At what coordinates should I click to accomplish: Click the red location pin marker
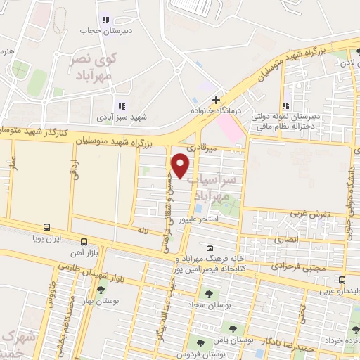pos(181,166)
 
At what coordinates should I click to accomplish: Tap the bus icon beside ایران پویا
pos(46,227)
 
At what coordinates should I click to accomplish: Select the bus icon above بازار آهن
pos(82,240)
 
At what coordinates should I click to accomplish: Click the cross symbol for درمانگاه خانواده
pos(217,100)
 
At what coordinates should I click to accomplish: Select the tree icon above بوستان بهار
pos(100,289)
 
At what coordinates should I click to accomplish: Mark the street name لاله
pos(143,229)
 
